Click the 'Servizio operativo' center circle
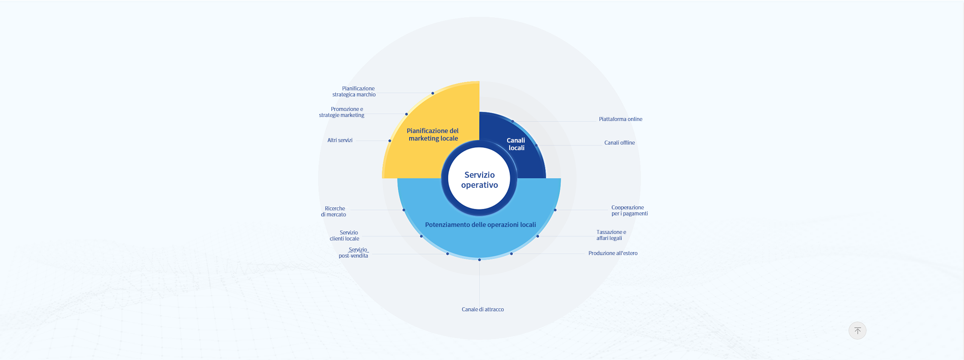click(x=479, y=179)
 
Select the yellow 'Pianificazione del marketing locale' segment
click(x=432, y=135)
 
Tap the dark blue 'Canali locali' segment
click(x=516, y=144)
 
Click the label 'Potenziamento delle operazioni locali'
click(x=480, y=225)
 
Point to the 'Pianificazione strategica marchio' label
click(x=354, y=91)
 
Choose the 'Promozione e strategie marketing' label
click(x=342, y=112)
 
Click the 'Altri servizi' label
click(x=340, y=141)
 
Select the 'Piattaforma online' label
click(x=620, y=119)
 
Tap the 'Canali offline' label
click(x=619, y=143)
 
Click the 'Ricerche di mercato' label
click(x=334, y=211)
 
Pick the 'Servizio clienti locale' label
click(x=345, y=235)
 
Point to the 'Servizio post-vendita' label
click(x=354, y=253)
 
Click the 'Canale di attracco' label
click(x=483, y=310)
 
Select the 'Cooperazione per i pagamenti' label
click(x=629, y=210)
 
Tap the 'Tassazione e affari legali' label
click(x=611, y=235)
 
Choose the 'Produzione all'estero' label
click(x=613, y=254)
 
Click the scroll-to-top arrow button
click(x=857, y=330)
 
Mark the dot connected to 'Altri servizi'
click(x=390, y=141)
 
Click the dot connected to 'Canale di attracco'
click(x=479, y=260)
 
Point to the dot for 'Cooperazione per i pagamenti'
click(x=555, y=210)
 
